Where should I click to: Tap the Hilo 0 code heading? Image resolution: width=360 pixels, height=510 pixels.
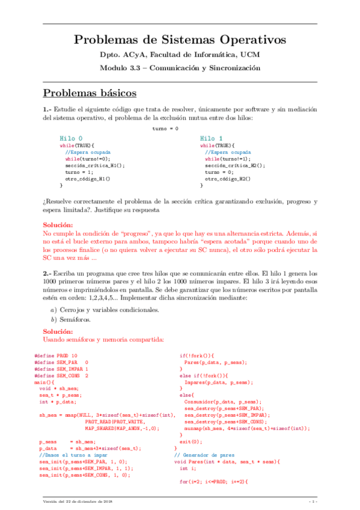pos(71,138)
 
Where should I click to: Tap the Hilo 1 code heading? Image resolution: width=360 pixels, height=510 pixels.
pos(211,138)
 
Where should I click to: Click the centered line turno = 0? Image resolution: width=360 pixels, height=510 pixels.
pos(165,129)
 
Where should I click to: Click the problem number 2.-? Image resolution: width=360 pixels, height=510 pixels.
pos(48,274)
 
